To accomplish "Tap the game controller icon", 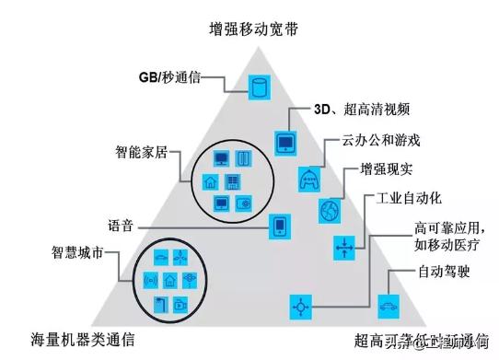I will click(x=308, y=180).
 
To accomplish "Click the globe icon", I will click(x=329, y=212).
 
